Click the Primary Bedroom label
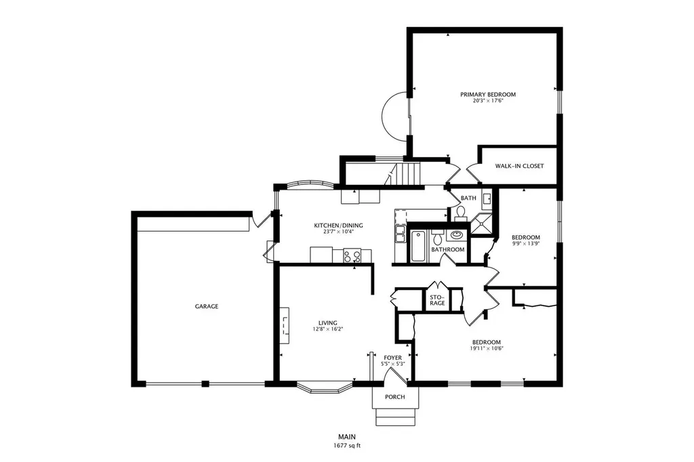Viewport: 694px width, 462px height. click(x=488, y=94)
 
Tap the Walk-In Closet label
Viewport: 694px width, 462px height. click(x=519, y=166)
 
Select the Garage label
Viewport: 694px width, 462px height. click(x=207, y=306)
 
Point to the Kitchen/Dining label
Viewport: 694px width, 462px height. click(x=338, y=226)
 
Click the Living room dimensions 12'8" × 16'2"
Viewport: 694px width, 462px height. click(x=328, y=329)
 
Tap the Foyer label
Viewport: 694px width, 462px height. click(x=392, y=358)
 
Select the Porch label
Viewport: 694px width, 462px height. click(x=395, y=397)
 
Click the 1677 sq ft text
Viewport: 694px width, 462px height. click(x=347, y=446)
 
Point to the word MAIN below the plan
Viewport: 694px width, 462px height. click(x=347, y=437)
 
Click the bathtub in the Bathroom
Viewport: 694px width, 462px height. click(x=417, y=246)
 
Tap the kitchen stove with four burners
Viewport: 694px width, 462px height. click(x=352, y=256)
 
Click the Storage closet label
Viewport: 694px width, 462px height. click(x=437, y=300)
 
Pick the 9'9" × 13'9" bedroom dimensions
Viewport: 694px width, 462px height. click(x=526, y=243)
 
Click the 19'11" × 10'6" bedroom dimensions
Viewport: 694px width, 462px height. click(x=487, y=348)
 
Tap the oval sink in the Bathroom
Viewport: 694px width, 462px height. click(x=457, y=234)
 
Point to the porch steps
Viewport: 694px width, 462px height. click(x=396, y=417)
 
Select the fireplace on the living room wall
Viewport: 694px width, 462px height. click(x=284, y=324)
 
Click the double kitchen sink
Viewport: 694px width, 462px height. click(x=400, y=234)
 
